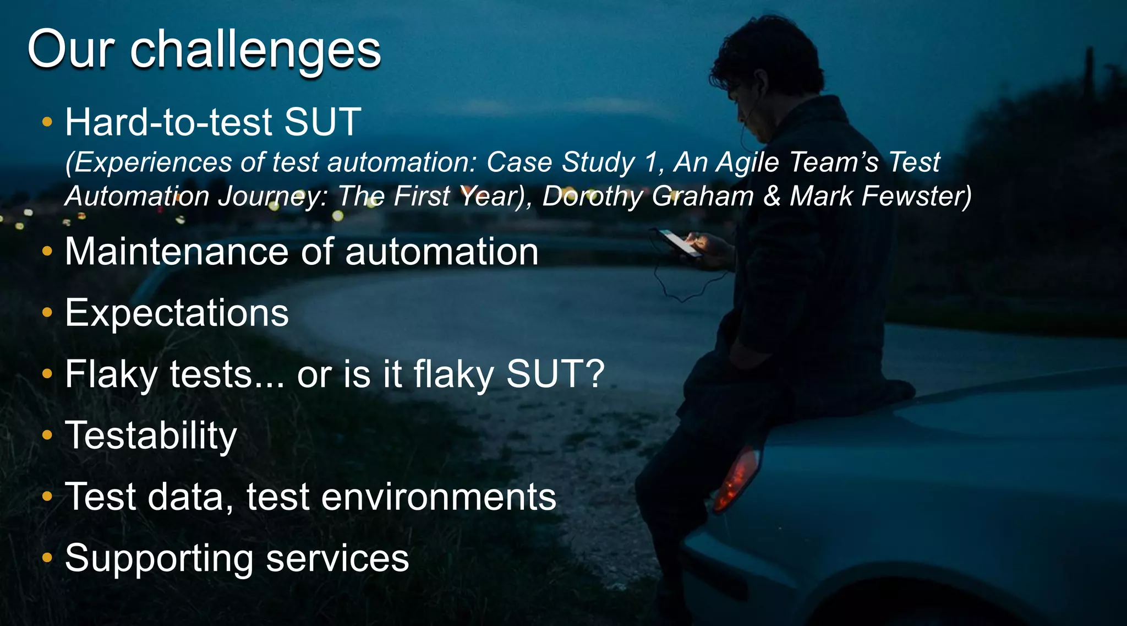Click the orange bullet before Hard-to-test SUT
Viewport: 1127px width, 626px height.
tap(47, 122)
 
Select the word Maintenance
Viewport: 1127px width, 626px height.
tap(176, 252)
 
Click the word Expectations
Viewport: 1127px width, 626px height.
tap(177, 313)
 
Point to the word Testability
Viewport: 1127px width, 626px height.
tap(151, 436)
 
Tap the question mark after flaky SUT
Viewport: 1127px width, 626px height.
tap(594, 374)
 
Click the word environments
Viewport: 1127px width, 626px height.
tap(438, 497)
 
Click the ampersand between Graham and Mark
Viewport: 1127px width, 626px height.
tap(772, 196)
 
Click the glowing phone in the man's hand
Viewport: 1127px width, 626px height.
tap(679, 242)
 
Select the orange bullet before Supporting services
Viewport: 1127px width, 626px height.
tap(47, 558)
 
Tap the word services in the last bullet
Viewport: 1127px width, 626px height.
tap(337, 558)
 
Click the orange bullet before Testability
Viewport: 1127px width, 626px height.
tap(47, 436)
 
